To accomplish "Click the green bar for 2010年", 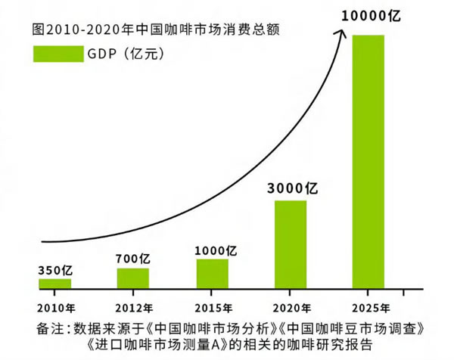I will tap(54, 284).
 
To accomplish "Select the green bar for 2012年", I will tap(132, 278).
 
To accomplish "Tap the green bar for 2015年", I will tap(212, 273).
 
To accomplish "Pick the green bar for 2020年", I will tap(291, 244).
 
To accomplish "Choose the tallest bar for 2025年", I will tap(368, 161).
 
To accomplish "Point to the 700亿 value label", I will tap(134, 259).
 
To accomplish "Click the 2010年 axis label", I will tap(54, 308).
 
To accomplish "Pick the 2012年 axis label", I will tap(134, 308).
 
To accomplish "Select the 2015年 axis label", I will tap(213, 308).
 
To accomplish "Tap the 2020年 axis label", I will tap(291, 308).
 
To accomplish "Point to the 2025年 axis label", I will tap(371, 308).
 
